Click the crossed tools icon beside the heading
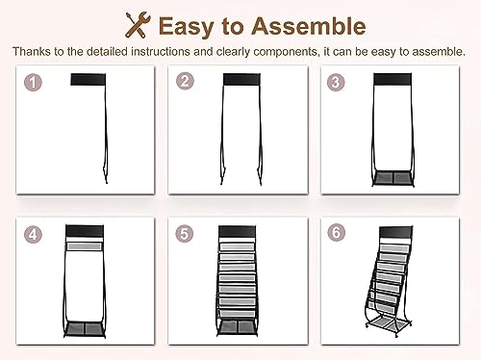coord(138,25)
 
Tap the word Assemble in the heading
coord(309,26)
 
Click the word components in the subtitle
coord(287,52)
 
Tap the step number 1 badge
coord(33,83)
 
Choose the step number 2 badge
coord(185,81)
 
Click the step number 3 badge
coord(336,82)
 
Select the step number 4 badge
coord(33,234)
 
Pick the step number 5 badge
coord(185,233)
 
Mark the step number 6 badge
coord(336,232)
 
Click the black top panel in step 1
coord(89,80)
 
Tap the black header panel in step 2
coord(241,80)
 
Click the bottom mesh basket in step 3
coord(392,177)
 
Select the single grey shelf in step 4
coord(85,246)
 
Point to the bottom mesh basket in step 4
coord(85,328)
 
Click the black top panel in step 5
coord(238,232)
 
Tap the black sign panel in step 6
coord(395,232)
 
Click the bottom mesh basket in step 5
coord(238,326)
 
